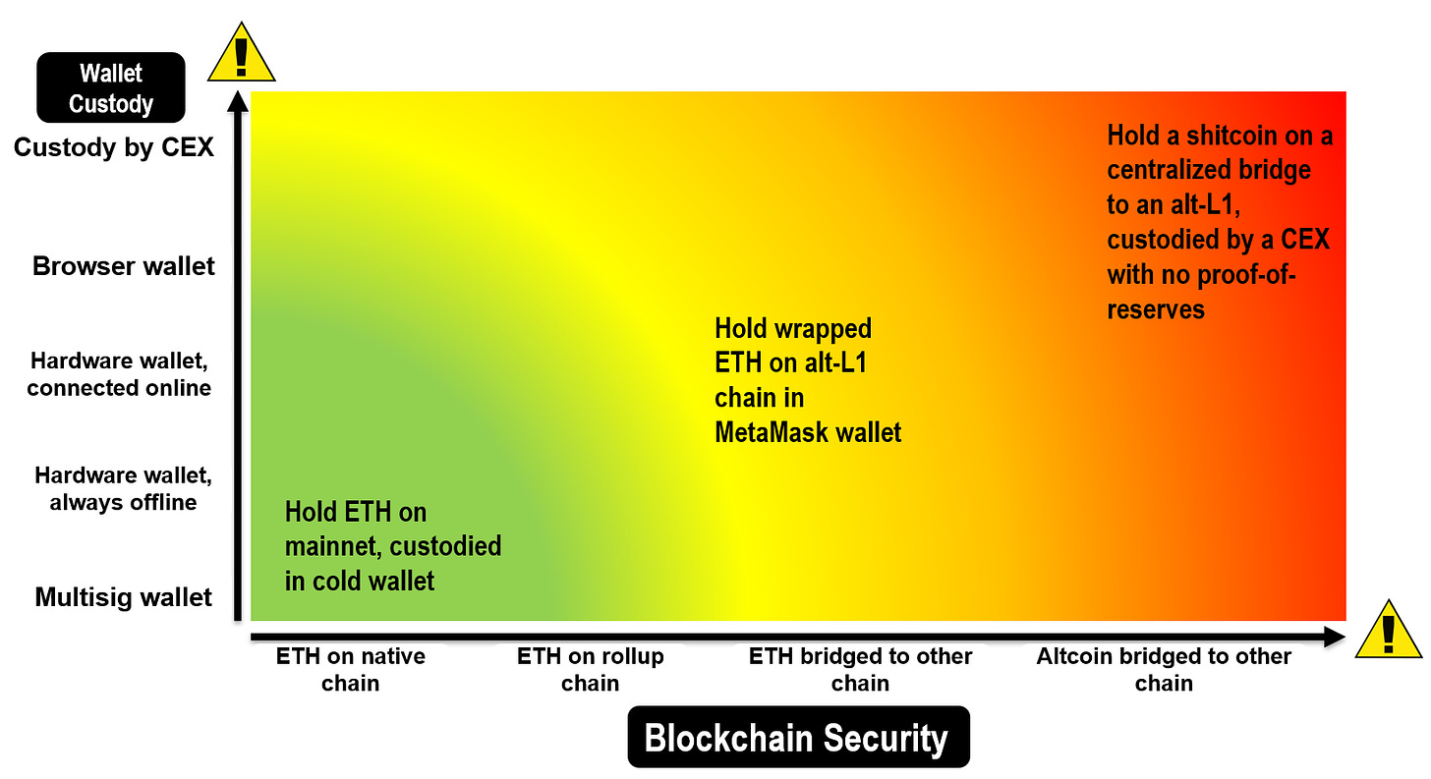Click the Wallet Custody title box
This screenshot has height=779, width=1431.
tap(111, 87)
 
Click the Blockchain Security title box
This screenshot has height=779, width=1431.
tap(798, 737)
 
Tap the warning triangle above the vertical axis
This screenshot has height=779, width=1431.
tap(242, 52)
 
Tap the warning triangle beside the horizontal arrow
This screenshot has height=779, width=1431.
tap(1389, 629)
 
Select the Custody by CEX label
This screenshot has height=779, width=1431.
tap(114, 147)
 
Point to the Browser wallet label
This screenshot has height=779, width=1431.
tap(123, 266)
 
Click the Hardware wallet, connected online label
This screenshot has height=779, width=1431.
tap(119, 374)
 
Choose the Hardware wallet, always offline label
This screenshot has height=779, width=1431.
tap(123, 488)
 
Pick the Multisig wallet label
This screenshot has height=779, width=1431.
tap(123, 597)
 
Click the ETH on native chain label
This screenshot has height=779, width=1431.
tap(351, 669)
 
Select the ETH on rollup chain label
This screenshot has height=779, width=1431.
tap(591, 669)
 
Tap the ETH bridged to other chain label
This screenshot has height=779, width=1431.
tap(861, 669)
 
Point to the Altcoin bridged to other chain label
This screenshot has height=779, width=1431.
tap(1164, 669)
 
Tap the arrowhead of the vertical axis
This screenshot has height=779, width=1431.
tap(238, 102)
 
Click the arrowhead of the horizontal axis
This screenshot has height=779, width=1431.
tap(1335, 637)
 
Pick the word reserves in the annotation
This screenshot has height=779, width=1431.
tap(1156, 309)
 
